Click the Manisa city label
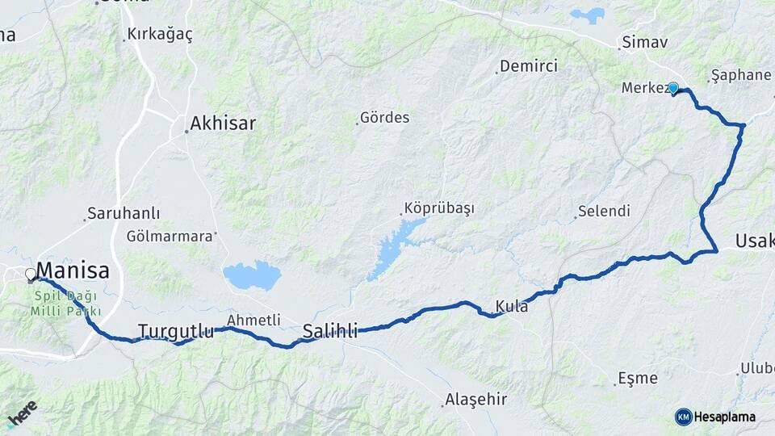(73, 269)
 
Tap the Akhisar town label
(222, 124)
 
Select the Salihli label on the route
(329, 329)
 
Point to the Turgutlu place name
(176, 331)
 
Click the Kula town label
(512, 307)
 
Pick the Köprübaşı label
(441, 208)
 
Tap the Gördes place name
(386, 118)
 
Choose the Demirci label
(529, 66)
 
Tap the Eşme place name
(638, 378)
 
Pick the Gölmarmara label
(170, 237)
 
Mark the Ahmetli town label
(253, 320)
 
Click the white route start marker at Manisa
(31, 275)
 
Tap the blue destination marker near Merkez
(673, 88)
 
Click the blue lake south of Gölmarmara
(252, 275)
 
